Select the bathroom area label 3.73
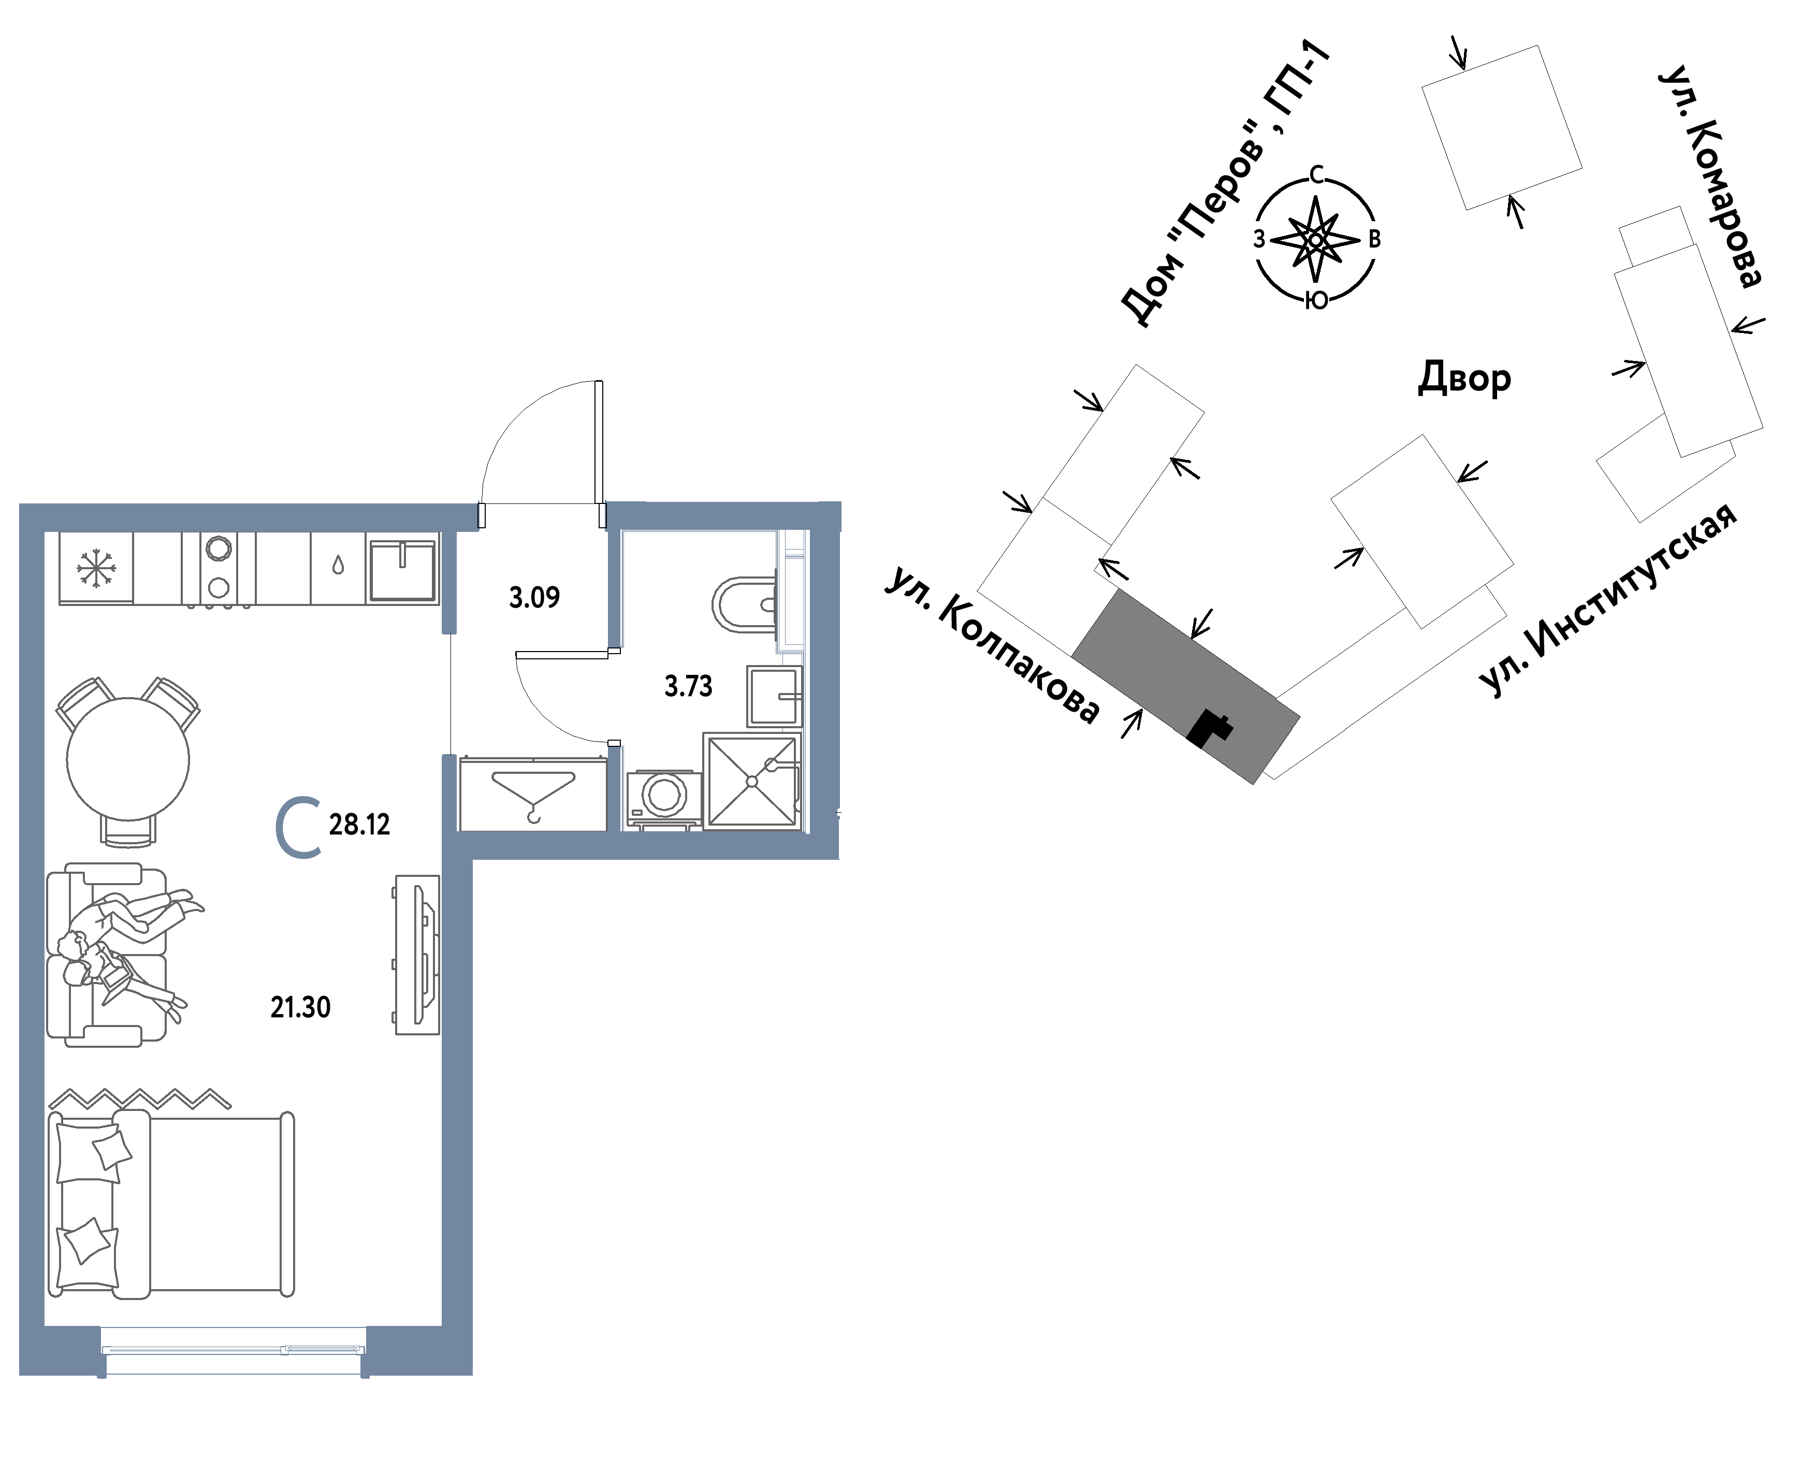(688, 686)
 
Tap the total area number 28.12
(359, 825)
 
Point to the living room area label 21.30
(300, 1007)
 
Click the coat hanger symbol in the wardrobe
(532, 795)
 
